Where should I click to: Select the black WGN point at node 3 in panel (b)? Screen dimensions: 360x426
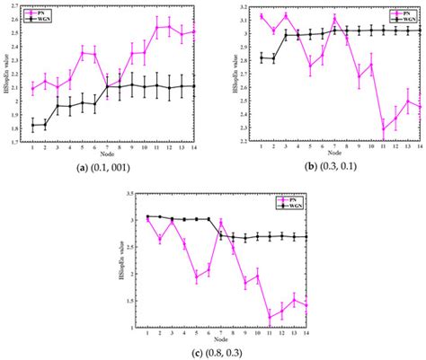[x=287, y=35]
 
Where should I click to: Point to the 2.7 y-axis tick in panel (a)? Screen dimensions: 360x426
[x=19, y=5]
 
